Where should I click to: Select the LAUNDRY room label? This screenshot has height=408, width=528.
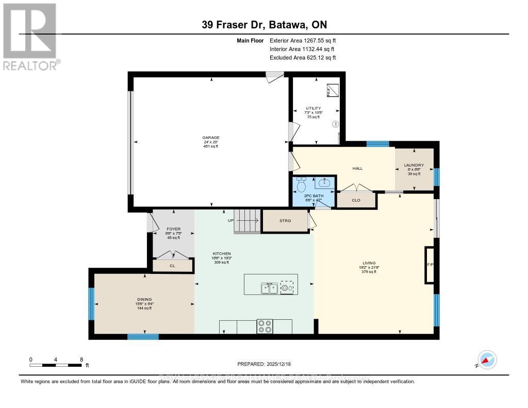click(x=414, y=166)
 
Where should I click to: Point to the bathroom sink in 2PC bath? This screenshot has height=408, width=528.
click(x=325, y=182)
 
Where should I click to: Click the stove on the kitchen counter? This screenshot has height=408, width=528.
click(x=265, y=327)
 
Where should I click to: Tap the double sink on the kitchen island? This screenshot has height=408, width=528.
click(x=269, y=288)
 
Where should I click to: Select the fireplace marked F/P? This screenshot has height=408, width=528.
click(x=429, y=265)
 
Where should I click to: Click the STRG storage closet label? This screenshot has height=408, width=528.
click(x=285, y=221)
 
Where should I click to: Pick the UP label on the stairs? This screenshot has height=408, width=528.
click(x=232, y=221)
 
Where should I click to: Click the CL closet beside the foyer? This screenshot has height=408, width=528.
click(x=172, y=266)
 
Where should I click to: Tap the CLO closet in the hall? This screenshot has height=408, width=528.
click(x=356, y=200)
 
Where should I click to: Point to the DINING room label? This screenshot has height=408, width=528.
click(x=144, y=299)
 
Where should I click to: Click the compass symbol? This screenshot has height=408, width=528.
click(x=487, y=360)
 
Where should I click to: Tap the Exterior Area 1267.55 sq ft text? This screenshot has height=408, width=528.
click(x=303, y=40)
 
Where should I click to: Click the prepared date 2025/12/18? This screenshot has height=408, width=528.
click(x=264, y=364)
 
